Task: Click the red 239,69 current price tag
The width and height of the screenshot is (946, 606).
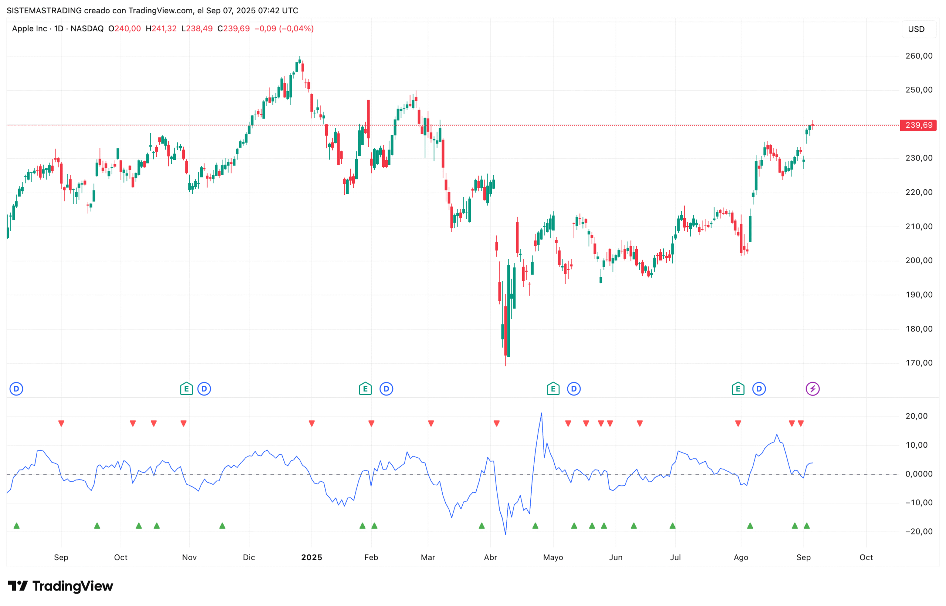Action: tap(918, 125)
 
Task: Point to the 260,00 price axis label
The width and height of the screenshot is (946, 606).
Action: tap(919, 56)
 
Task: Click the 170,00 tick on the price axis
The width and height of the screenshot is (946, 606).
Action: tap(919, 363)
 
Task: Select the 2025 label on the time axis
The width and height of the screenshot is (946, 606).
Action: tap(312, 557)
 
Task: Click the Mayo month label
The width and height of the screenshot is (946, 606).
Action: tap(553, 557)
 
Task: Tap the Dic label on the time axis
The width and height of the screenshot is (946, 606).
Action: tap(249, 557)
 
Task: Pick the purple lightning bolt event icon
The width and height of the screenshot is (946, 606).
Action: tap(813, 389)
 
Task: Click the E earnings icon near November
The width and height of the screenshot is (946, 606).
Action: tap(186, 389)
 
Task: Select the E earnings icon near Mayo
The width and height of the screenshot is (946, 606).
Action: tap(553, 389)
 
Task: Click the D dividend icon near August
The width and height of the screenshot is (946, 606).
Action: tap(759, 389)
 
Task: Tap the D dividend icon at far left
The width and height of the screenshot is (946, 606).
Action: tap(16, 389)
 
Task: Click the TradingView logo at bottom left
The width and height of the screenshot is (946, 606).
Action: tap(60, 586)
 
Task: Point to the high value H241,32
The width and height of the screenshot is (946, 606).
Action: tap(161, 29)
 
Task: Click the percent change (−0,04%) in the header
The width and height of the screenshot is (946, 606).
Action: tap(296, 29)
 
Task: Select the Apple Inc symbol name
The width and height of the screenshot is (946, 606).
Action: tap(30, 29)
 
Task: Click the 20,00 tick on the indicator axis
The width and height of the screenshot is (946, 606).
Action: tap(916, 416)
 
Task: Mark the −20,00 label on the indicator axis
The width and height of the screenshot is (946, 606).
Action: tap(916, 531)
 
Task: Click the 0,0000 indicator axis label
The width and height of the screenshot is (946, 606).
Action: tap(918, 474)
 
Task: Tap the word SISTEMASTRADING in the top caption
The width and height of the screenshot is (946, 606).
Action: tap(44, 11)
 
